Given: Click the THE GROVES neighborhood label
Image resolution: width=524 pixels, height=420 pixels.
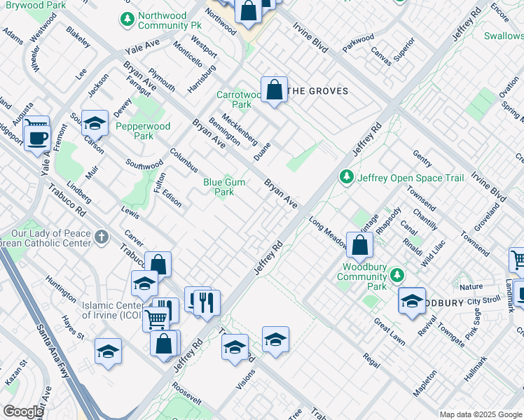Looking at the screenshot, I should [319, 91].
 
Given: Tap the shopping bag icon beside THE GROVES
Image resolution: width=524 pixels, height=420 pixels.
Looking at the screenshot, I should [275, 90].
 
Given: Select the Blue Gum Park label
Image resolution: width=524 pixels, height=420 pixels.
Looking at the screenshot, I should [224, 187].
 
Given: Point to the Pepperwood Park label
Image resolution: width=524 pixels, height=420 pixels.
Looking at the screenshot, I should [143, 131].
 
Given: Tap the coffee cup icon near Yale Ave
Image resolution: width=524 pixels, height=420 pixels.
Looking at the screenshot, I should [37, 136].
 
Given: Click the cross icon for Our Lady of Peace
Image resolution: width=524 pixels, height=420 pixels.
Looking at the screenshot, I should [102, 237].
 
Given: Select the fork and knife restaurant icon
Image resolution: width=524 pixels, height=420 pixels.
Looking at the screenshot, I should [207, 302].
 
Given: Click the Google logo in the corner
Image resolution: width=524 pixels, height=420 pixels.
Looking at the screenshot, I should [22, 412].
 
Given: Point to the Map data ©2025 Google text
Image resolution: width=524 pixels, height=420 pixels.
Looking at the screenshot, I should [480, 414].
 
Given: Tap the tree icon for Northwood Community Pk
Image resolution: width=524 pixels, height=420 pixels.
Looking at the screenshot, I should [127, 20].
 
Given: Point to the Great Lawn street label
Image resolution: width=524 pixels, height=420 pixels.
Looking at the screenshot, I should [389, 332].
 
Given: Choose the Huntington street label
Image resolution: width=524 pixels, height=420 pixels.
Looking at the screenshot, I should [61, 289].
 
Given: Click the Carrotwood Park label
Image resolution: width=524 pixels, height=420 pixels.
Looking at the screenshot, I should [234, 99].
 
